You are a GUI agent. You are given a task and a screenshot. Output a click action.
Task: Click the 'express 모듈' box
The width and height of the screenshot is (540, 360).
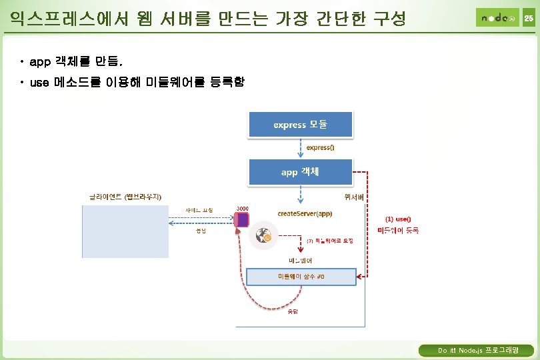coord(300,125)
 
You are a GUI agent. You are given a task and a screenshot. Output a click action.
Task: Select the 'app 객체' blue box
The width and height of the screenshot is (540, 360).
coord(300,171)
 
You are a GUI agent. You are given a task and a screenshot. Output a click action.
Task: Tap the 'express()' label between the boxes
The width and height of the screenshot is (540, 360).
coord(320,148)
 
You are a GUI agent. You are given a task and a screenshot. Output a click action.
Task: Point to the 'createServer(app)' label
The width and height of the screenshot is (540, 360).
coord(305,213)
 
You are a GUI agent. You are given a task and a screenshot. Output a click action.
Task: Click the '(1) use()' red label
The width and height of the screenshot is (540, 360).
coord(398,219)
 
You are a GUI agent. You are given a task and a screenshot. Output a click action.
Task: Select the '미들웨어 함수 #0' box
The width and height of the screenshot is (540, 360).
coord(301,276)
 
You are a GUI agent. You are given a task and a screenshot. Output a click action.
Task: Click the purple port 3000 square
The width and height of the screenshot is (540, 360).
coord(243,219)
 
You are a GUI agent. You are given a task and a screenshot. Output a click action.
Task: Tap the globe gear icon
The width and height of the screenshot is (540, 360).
coord(261,236)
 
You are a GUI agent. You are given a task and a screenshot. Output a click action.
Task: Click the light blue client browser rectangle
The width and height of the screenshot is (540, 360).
coord(125,231)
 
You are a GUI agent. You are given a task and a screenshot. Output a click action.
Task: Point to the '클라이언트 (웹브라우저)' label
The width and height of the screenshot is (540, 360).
coord(125,196)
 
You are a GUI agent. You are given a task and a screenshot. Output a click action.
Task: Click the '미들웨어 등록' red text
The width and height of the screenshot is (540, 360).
coord(398,230)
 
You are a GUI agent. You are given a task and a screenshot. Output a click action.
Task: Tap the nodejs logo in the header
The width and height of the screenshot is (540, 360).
coord(497,17)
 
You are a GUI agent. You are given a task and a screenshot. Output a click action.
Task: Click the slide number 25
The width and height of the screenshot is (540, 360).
coord(528,18)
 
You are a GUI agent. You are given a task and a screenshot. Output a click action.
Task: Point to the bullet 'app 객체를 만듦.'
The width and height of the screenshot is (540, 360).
coord(76,62)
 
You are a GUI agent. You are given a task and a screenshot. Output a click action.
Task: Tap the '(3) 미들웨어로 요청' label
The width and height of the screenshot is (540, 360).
coord(329,240)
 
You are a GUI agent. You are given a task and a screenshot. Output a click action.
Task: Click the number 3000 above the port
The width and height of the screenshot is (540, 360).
coord(243,208)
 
